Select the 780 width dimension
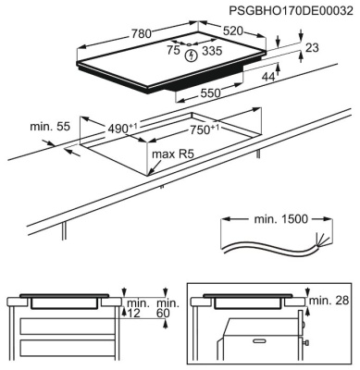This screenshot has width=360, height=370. point(142,34)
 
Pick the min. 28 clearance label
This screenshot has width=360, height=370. point(328,301)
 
